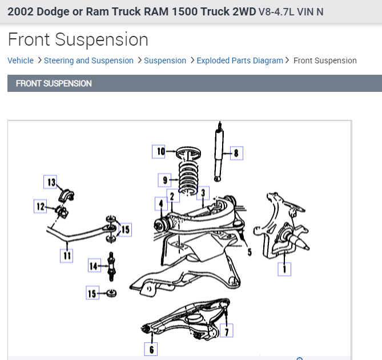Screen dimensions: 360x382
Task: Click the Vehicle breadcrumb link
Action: pos(21,60)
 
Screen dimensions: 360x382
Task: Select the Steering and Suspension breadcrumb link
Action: pos(89,60)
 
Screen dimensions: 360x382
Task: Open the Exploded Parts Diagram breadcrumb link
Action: pos(239,60)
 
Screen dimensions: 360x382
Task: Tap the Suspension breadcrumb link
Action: pos(165,60)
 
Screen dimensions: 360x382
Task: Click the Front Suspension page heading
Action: pos(78,39)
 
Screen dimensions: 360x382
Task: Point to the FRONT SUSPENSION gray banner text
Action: pos(54,83)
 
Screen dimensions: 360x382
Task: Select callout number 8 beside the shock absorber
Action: pos(235,152)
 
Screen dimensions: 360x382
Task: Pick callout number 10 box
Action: pos(160,151)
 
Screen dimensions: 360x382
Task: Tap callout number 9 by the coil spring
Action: pos(166,180)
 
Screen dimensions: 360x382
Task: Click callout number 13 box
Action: pos(51,182)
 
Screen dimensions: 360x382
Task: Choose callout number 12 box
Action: pos(41,207)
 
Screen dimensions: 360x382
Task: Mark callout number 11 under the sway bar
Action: pos(67,256)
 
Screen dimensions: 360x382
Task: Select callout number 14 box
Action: pos(94,265)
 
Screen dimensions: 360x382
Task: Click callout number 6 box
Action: pos(151,349)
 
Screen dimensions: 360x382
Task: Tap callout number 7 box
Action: pos(227,330)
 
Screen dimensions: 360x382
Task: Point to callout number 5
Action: pos(249,252)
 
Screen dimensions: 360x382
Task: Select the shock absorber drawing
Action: pos(219,151)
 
